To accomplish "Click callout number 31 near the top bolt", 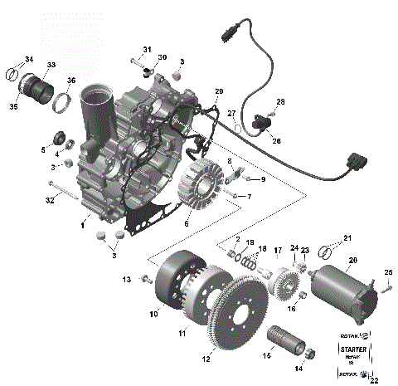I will (x=148, y=50).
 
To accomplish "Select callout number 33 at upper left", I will (x=51, y=65).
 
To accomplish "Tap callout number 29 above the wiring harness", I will (x=219, y=90).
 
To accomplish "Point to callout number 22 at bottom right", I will (x=374, y=380).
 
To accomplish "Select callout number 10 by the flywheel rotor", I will (x=153, y=314).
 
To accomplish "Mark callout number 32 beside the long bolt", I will (x=50, y=200).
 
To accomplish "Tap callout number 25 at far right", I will (x=388, y=273).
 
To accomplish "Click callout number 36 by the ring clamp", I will (x=70, y=81).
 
